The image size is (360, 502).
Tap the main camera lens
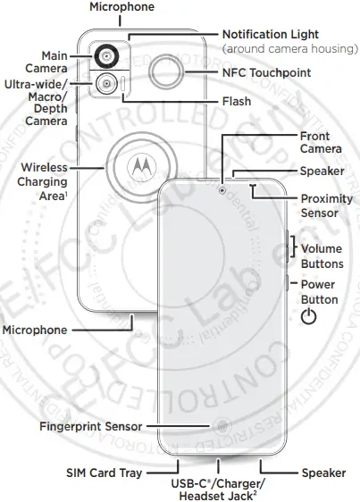coord(107,57)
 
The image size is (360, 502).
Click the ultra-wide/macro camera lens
coord(107,85)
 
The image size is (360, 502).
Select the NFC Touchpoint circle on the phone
coord(167,71)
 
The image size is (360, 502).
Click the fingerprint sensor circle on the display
coord(219,427)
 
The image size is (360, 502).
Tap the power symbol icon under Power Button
coord(309,317)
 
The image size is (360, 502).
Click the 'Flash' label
coord(237,102)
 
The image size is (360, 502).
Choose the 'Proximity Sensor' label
coord(326,205)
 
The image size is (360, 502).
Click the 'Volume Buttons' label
coord(322,256)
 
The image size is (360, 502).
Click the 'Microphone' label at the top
coord(121,7)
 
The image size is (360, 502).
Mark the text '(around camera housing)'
coord(290,47)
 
